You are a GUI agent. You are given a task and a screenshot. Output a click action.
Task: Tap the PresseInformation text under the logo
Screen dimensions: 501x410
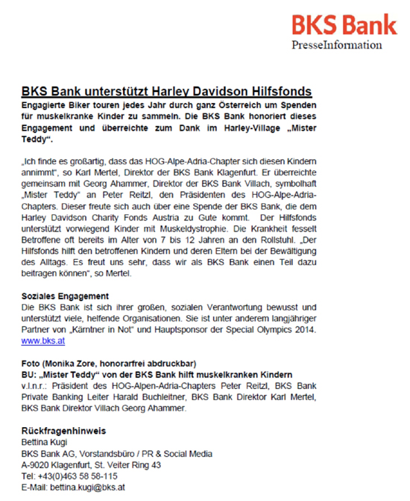[337, 46]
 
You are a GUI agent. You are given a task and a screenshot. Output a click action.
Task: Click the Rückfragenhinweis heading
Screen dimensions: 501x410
[63, 431]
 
